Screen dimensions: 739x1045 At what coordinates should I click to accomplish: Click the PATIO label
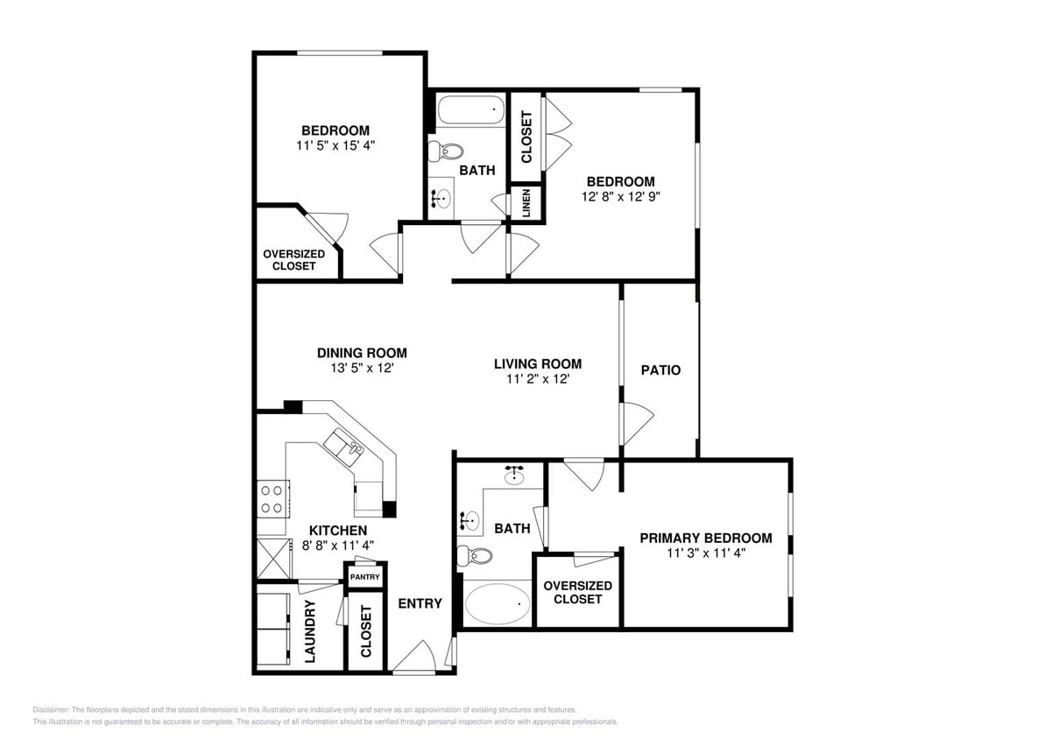tap(660, 370)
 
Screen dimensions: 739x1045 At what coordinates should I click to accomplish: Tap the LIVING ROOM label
tap(537, 364)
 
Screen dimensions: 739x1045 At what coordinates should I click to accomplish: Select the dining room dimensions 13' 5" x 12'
tap(362, 369)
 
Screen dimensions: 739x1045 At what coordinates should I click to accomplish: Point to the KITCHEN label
tap(337, 531)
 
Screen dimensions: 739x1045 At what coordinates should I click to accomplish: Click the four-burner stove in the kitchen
tap(272, 499)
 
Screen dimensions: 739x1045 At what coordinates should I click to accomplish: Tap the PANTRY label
tap(364, 577)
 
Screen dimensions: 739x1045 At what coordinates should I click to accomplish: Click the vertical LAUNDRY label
tap(310, 631)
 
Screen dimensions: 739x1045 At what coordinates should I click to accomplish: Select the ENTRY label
tap(420, 603)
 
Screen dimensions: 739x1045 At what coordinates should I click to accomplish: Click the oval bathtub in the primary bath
tap(497, 604)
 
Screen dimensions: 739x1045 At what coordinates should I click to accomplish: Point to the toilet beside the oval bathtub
tap(475, 555)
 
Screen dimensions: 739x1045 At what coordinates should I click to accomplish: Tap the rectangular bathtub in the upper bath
tap(471, 111)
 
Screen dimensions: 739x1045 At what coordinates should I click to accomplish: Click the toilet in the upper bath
tap(442, 151)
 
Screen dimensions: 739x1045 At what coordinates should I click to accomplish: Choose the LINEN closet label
tap(526, 203)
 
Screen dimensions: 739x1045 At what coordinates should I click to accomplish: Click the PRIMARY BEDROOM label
tap(705, 538)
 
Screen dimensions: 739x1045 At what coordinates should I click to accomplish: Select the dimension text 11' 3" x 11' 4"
tap(705, 552)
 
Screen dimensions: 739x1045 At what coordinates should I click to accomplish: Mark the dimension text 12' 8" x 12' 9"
tap(620, 196)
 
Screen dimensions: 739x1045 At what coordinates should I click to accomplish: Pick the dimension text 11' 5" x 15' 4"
tap(335, 145)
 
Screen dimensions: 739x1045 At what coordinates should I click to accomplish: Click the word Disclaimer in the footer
tap(51, 710)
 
